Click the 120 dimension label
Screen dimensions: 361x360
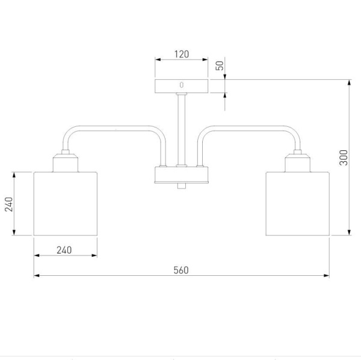point(182,54)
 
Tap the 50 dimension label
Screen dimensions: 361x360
point(220,66)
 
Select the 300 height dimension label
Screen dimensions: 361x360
point(344,157)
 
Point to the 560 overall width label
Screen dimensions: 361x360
point(181,270)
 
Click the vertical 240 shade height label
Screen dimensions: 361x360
point(9,204)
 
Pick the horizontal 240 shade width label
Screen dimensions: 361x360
point(64,250)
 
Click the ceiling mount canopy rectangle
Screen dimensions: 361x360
point(182,87)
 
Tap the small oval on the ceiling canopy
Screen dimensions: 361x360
point(182,85)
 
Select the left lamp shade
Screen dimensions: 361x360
point(66,204)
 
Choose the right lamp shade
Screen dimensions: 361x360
point(297,204)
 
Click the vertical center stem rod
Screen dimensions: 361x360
point(182,129)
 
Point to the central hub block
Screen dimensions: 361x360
point(182,175)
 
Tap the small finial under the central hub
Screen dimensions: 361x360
point(182,186)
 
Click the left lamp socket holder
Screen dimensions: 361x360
point(66,161)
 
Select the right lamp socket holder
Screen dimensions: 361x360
point(297,161)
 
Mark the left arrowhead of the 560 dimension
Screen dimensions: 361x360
point(36,275)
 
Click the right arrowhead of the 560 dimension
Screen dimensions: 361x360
point(327,275)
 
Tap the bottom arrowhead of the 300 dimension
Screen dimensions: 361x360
point(349,233)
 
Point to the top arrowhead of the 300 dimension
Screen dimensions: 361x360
point(349,82)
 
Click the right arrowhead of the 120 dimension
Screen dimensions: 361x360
point(205,59)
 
